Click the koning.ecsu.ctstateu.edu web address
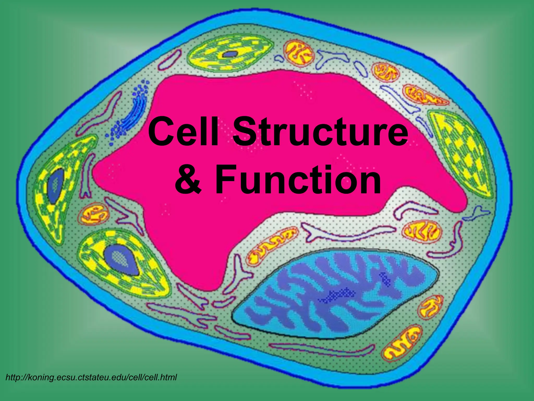click(x=91, y=377)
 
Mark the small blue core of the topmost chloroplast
click(x=229, y=54)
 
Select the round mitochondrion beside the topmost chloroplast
click(x=299, y=52)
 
